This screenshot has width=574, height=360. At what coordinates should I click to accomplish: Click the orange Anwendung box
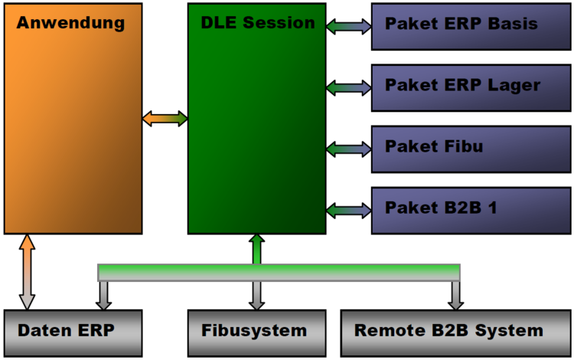point(73,119)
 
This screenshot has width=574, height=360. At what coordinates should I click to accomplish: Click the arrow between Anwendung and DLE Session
point(165,119)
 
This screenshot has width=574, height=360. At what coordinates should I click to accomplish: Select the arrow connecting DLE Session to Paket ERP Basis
point(348,28)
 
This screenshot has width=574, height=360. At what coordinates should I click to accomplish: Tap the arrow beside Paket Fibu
point(348,147)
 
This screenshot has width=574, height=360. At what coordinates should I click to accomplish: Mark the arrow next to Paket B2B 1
point(348,208)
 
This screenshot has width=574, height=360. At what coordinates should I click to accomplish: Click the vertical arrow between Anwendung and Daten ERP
point(28,272)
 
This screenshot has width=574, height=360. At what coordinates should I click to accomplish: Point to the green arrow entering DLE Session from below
point(257,249)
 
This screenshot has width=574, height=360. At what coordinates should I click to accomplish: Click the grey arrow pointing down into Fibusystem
point(257,295)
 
